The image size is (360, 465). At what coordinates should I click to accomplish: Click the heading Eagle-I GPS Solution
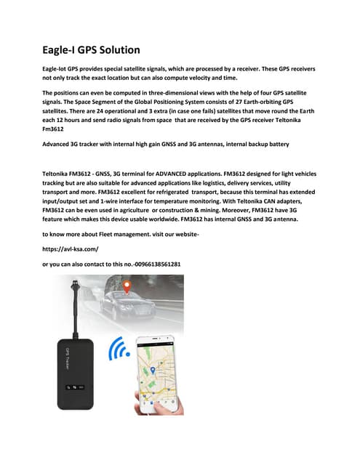point(91,50)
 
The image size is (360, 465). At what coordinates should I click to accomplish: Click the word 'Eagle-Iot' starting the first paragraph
point(57,68)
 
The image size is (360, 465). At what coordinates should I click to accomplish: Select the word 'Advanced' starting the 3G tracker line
point(57,145)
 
